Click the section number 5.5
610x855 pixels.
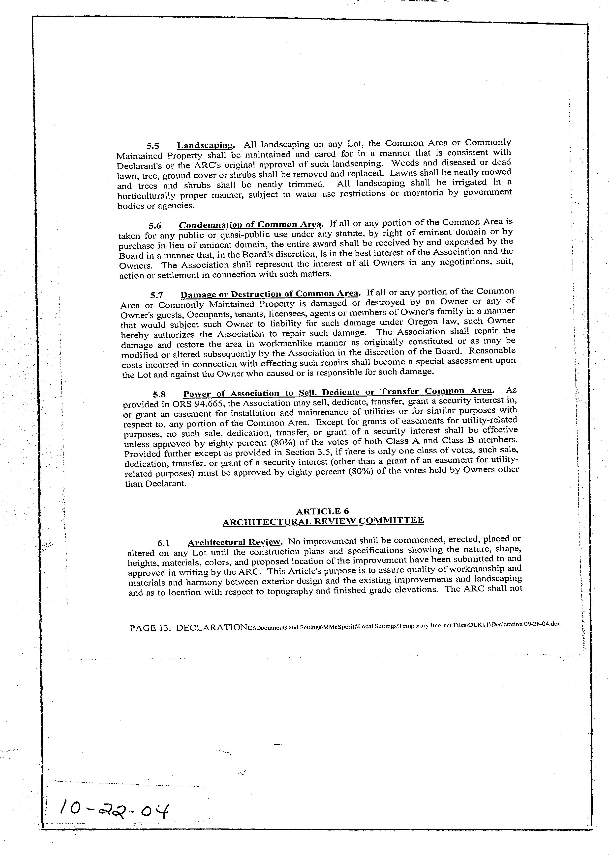153,146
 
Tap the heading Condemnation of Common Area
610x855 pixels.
250,224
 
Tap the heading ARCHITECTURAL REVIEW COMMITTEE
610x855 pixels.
323,521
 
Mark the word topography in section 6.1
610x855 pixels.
290,592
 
